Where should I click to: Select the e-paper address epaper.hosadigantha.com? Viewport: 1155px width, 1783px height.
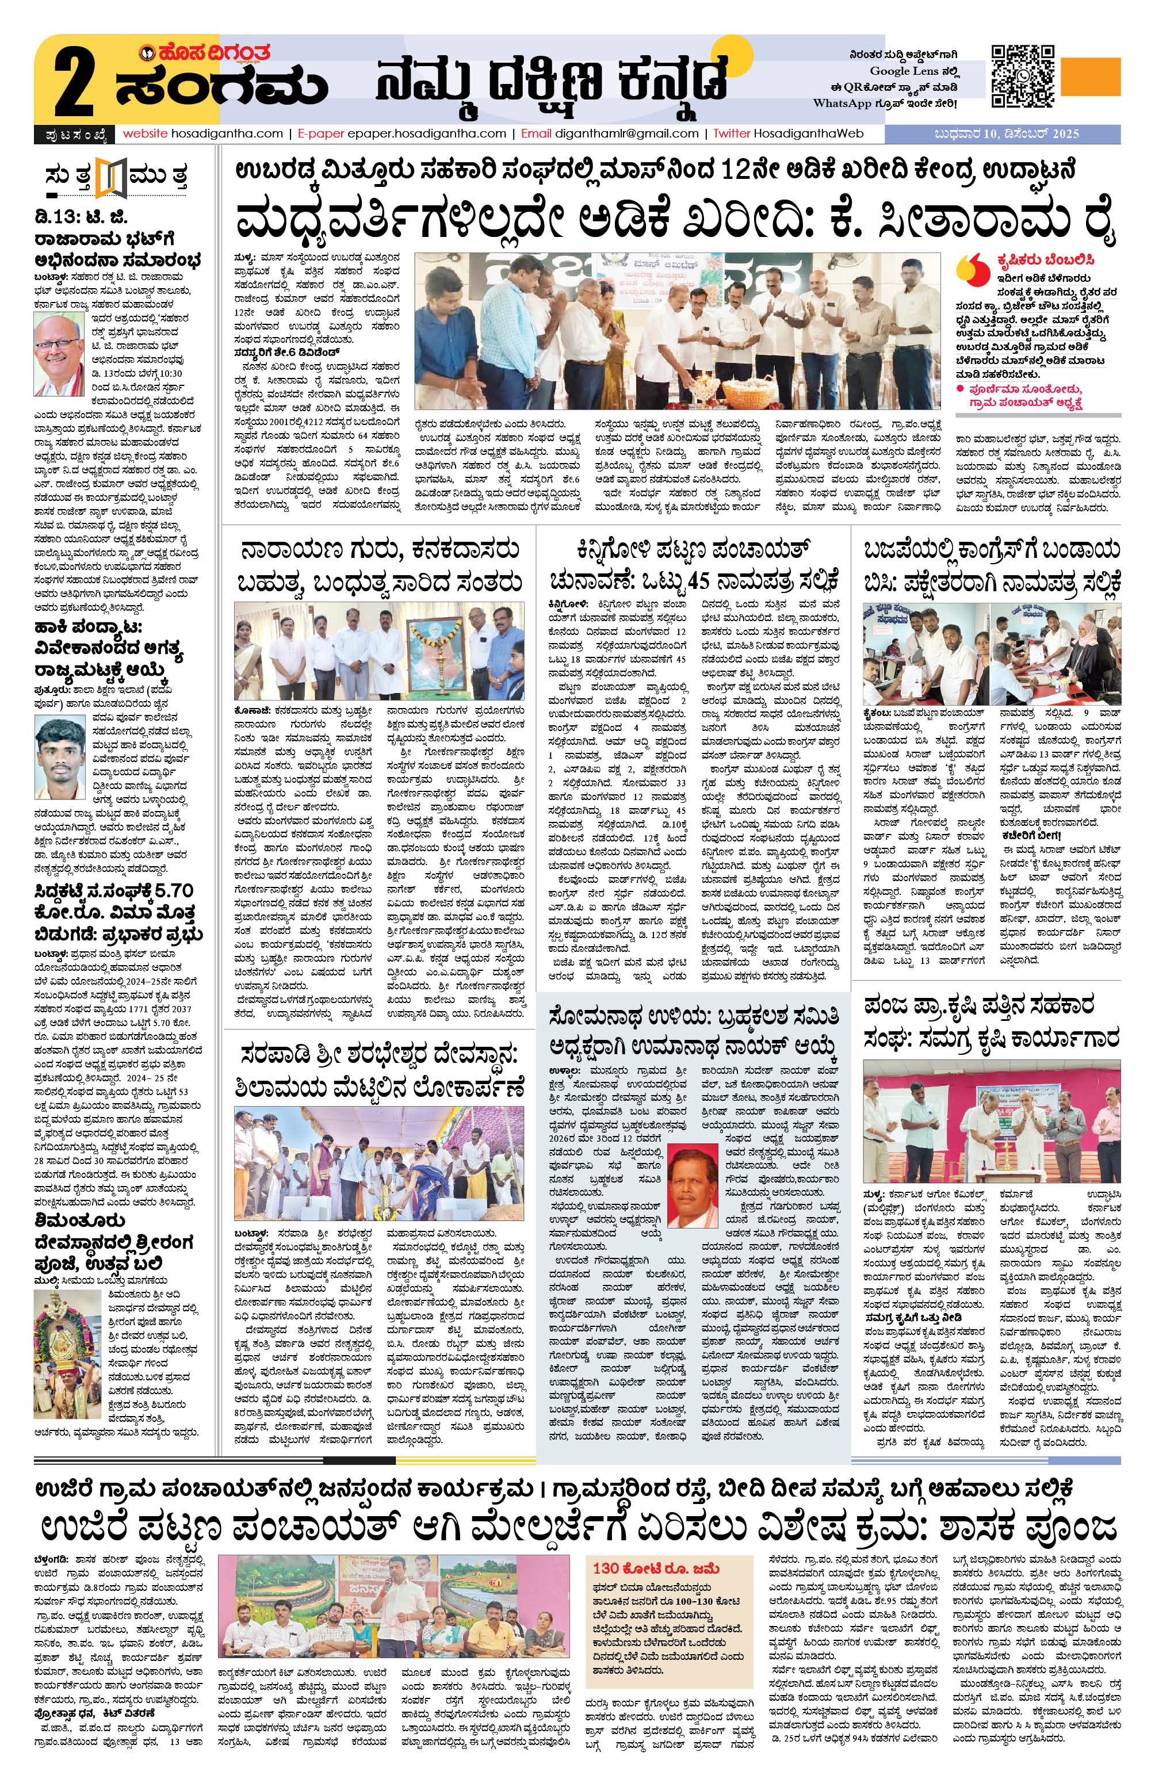click(426, 134)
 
